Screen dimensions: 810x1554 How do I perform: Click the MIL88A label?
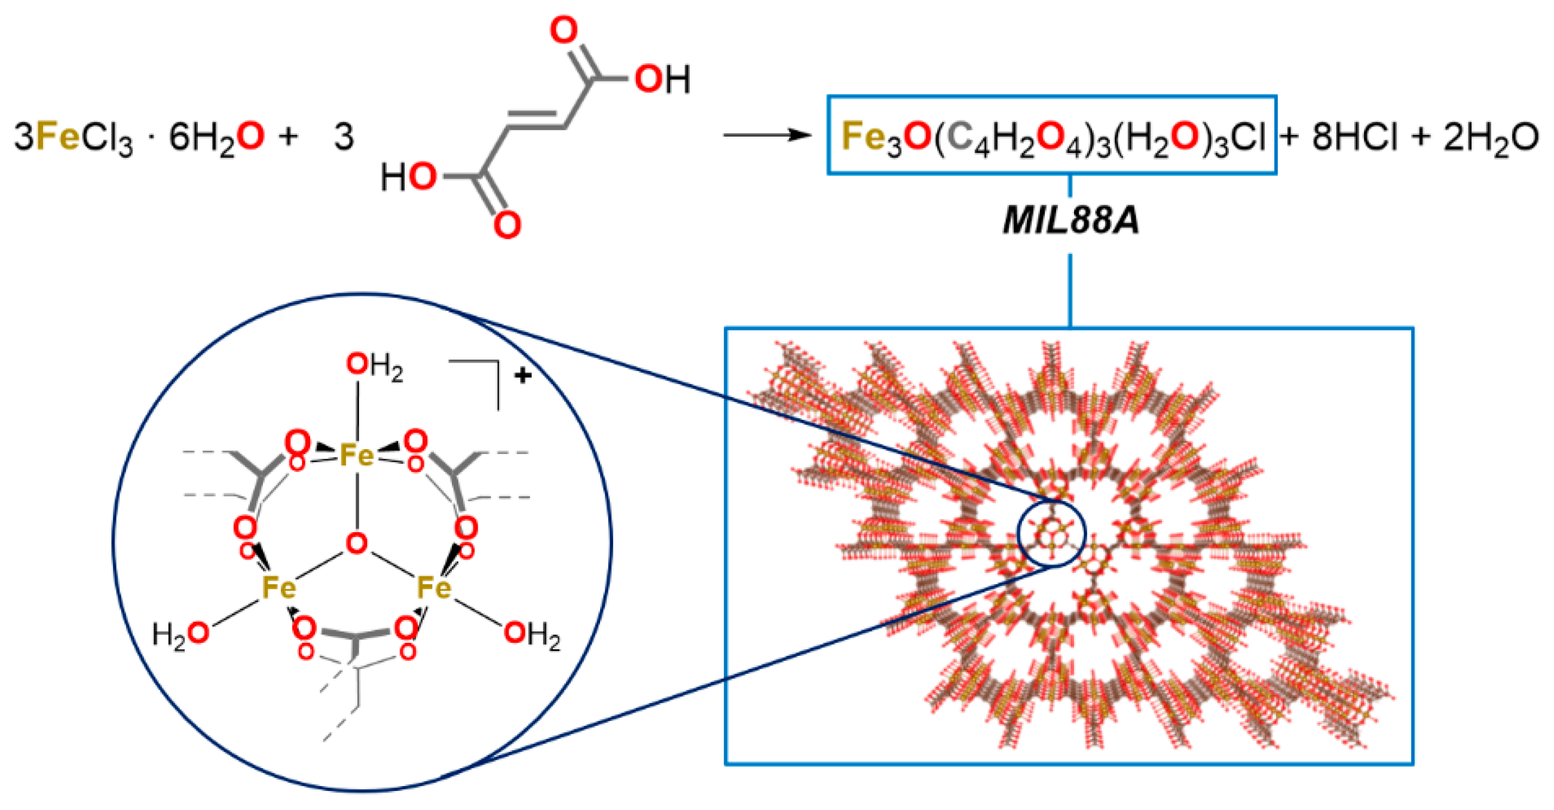point(1071,221)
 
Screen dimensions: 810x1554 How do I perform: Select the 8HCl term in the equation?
point(1354,137)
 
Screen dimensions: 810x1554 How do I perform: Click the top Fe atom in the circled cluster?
point(357,455)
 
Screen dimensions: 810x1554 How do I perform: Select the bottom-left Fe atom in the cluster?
point(279,587)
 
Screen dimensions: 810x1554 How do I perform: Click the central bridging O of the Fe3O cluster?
point(357,543)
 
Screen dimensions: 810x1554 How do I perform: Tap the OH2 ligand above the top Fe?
point(374,366)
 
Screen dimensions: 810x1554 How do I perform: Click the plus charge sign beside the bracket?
point(522,376)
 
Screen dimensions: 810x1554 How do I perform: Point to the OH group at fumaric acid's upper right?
point(662,79)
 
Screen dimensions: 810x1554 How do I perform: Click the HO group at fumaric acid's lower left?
point(408,177)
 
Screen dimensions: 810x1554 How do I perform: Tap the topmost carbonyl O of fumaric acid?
point(564,30)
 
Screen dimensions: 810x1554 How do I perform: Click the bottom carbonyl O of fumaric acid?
point(507,225)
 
